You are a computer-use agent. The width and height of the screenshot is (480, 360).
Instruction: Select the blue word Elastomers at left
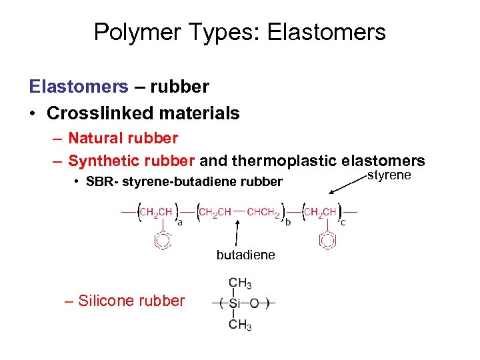79,87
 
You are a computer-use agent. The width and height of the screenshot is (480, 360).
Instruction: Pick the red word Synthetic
103,161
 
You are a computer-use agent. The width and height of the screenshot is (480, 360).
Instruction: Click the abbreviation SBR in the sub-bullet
100,182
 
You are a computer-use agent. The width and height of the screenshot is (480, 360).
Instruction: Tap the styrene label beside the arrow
389,175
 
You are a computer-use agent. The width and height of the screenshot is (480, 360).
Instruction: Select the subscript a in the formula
180,223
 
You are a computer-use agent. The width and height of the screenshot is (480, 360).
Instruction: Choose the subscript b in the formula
288,223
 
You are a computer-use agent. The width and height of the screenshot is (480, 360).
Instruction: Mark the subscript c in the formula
343,223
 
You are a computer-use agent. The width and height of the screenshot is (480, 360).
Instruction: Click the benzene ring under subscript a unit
162,240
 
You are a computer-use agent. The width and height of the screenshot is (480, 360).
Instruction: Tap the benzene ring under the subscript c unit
327,240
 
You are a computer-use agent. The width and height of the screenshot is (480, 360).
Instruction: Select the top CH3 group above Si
239,283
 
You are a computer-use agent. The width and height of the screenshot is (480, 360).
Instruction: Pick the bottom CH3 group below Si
239,325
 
